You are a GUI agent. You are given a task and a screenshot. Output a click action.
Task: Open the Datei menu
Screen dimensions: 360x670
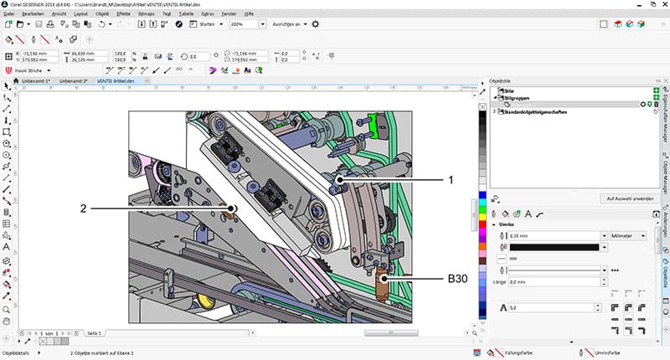coord(8,14)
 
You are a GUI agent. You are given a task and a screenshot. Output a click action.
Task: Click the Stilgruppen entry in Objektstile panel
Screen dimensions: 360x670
coord(519,97)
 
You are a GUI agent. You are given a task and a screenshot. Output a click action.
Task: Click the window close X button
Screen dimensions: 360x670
coord(662,4)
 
